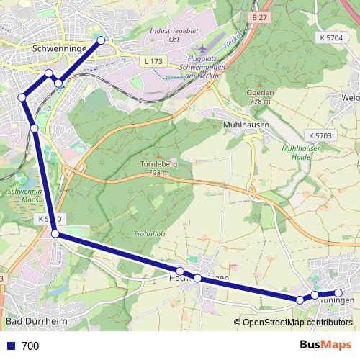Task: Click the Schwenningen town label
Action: tap(60, 48)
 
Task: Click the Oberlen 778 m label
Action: tap(259, 96)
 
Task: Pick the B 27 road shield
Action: tap(259, 16)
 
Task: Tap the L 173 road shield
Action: tap(153, 62)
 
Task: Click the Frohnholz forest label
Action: tap(150, 234)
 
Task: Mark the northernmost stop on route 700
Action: tap(101, 40)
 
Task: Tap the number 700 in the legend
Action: tap(30, 346)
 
